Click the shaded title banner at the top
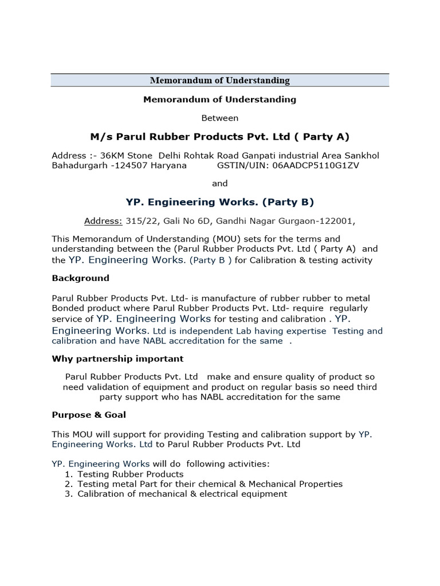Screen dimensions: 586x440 click(220, 81)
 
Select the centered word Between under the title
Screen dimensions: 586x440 click(219, 118)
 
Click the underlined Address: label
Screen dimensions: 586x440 click(103, 220)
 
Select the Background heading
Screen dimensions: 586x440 click(80, 278)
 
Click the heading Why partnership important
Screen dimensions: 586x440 click(117, 359)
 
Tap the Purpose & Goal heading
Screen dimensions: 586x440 click(89, 414)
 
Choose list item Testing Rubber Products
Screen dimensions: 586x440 click(131, 474)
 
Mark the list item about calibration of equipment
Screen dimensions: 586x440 click(182, 494)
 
